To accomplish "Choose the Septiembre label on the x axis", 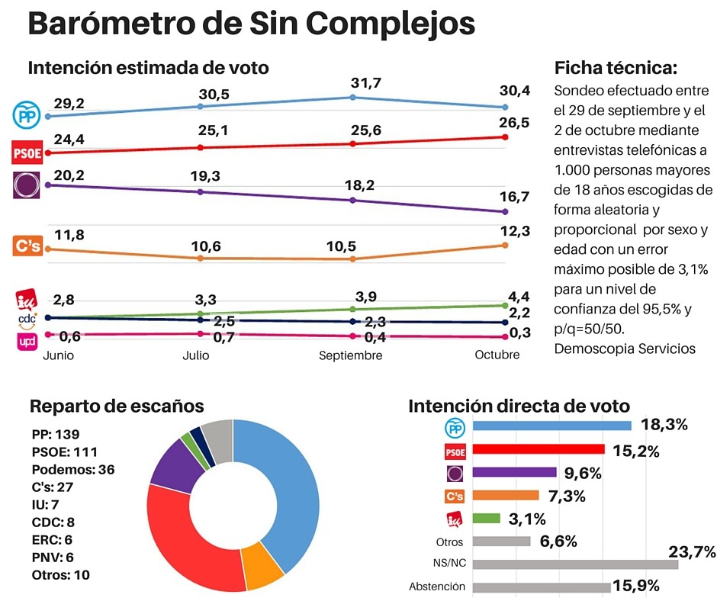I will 351,355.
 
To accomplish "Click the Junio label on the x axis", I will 59,355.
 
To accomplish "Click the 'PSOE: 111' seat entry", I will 66,452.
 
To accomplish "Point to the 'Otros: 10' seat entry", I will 62,574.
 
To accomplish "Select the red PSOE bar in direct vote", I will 539,449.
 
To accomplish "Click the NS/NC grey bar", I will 575,564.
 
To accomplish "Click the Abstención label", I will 437,587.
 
